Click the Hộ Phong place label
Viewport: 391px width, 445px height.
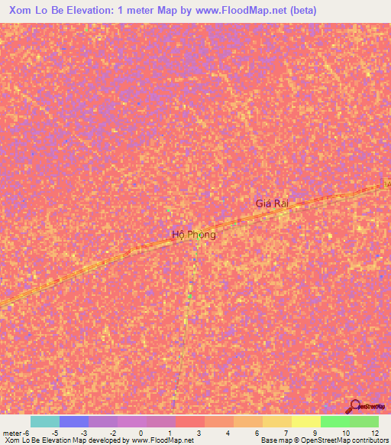point(195,235)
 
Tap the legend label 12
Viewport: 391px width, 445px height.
point(373,433)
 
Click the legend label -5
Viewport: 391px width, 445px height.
point(54,433)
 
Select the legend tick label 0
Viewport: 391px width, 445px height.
point(141,433)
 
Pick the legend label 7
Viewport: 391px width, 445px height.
point(286,433)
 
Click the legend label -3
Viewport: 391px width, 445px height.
point(83,433)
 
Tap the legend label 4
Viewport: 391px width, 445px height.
point(228,433)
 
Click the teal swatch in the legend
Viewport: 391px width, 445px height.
point(45,421)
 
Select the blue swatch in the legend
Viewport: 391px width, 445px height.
point(74,421)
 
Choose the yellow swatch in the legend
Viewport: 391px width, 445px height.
point(306,421)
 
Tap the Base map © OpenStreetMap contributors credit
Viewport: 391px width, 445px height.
point(325,440)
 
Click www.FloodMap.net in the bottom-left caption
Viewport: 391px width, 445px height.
point(163,440)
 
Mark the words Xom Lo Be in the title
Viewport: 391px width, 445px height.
point(36,11)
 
